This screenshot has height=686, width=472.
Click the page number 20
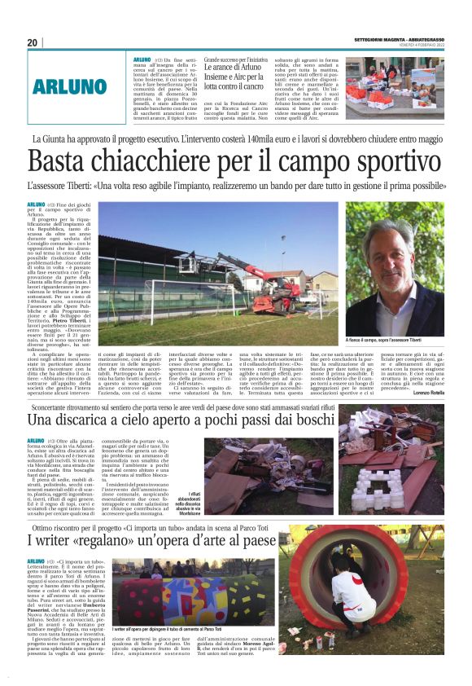pyautogui.click(x=33, y=42)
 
